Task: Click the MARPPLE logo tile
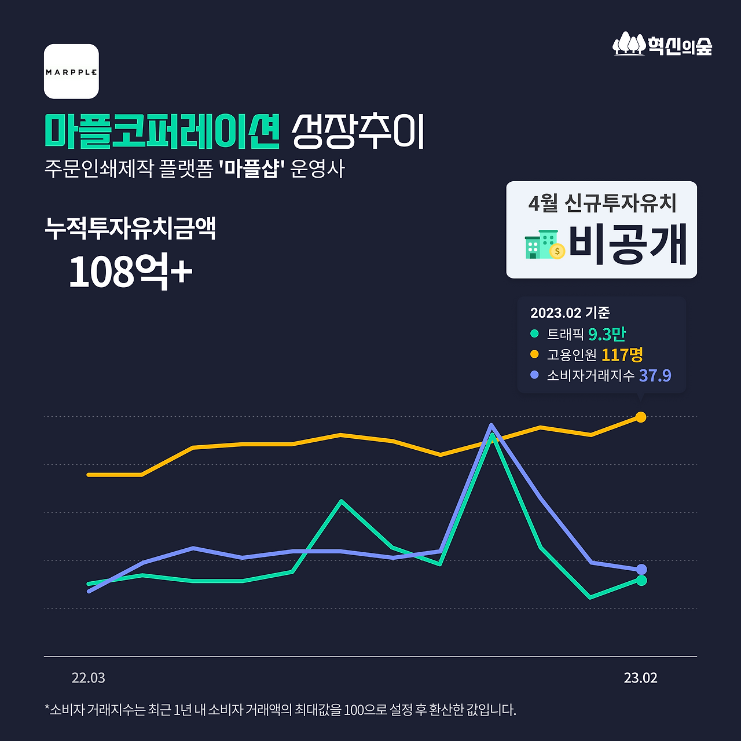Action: (71, 71)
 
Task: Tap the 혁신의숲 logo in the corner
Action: (662, 44)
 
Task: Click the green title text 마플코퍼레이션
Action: (162, 131)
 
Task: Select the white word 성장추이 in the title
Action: (358, 131)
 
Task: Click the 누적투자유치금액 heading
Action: (130, 228)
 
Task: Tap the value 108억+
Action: (130, 271)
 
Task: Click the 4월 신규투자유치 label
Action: (602, 203)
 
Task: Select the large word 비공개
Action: (628, 244)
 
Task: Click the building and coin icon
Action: (544, 245)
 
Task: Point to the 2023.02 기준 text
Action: (570, 313)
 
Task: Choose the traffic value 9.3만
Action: (607, 334)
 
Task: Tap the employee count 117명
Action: (622, 354)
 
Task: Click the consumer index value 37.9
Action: (655, 376)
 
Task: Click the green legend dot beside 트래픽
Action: (534, 333)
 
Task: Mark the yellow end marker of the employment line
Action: (641, 417)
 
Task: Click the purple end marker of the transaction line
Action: (641, 570)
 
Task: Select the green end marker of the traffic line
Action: (641, 580)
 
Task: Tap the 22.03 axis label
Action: (89, 678)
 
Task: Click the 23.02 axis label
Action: (640, 678)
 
